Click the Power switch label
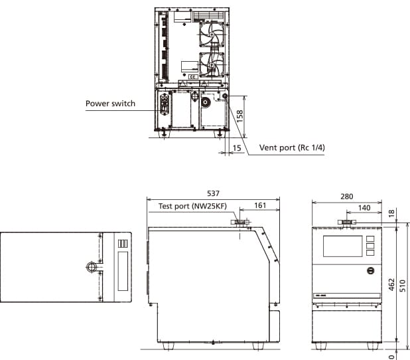point(110,104)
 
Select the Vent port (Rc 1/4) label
point(292,147)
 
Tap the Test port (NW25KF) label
point(192,206)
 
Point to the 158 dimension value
point(240,114)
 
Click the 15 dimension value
point(237,148)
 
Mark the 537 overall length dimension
point(212,193)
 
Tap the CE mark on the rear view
point(192,77)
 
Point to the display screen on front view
point(342,246)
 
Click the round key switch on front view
point(370,271)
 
